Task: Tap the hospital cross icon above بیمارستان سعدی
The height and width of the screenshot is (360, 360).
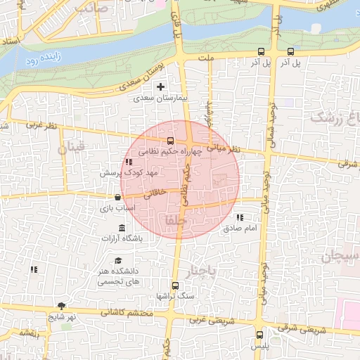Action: click(161, 87)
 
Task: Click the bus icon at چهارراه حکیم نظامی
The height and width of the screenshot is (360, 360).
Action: click(170, 140)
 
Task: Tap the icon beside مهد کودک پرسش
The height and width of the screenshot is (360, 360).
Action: click(129, 162)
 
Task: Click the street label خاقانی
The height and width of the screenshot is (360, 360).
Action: click(155, 192)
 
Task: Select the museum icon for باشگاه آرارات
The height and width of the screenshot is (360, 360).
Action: click(122, 228)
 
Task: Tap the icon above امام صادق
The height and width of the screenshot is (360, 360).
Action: click(240, 218)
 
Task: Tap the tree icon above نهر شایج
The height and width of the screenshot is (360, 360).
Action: click(61, 306)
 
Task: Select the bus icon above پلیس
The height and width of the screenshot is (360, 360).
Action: click(260, 335)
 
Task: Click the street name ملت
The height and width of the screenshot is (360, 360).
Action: click(206, 58)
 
